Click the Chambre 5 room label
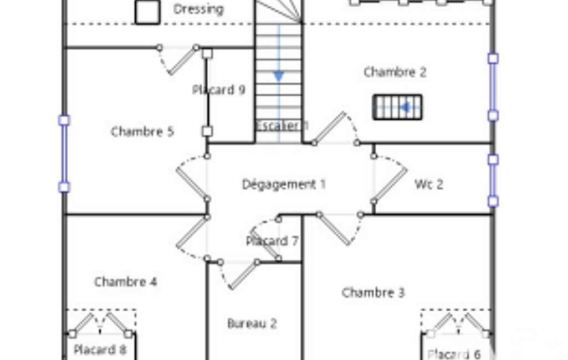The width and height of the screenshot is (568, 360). point(142,131)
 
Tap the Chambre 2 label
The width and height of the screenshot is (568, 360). point(395,72)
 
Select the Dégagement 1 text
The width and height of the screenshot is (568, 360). point(284,184)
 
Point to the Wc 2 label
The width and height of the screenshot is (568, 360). point(429,184)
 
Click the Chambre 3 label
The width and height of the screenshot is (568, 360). point(373,292)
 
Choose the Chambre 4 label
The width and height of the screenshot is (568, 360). point(126,282)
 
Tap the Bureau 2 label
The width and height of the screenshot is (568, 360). point(252,323)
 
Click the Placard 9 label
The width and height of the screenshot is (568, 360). point(219,90)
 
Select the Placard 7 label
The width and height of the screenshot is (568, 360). point(272,241)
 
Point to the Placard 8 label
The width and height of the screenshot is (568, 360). point(100,350)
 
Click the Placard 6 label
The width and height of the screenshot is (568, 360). point(454,354)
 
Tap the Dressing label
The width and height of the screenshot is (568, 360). point(198,9)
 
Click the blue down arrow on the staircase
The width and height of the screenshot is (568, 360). point(279,76)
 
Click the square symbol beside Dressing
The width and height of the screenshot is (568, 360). point(147,12)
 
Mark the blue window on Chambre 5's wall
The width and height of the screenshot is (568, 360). point(64,153)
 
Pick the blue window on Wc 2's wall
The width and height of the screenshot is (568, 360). point(493,181)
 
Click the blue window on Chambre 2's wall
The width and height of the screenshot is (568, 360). point(493,87)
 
